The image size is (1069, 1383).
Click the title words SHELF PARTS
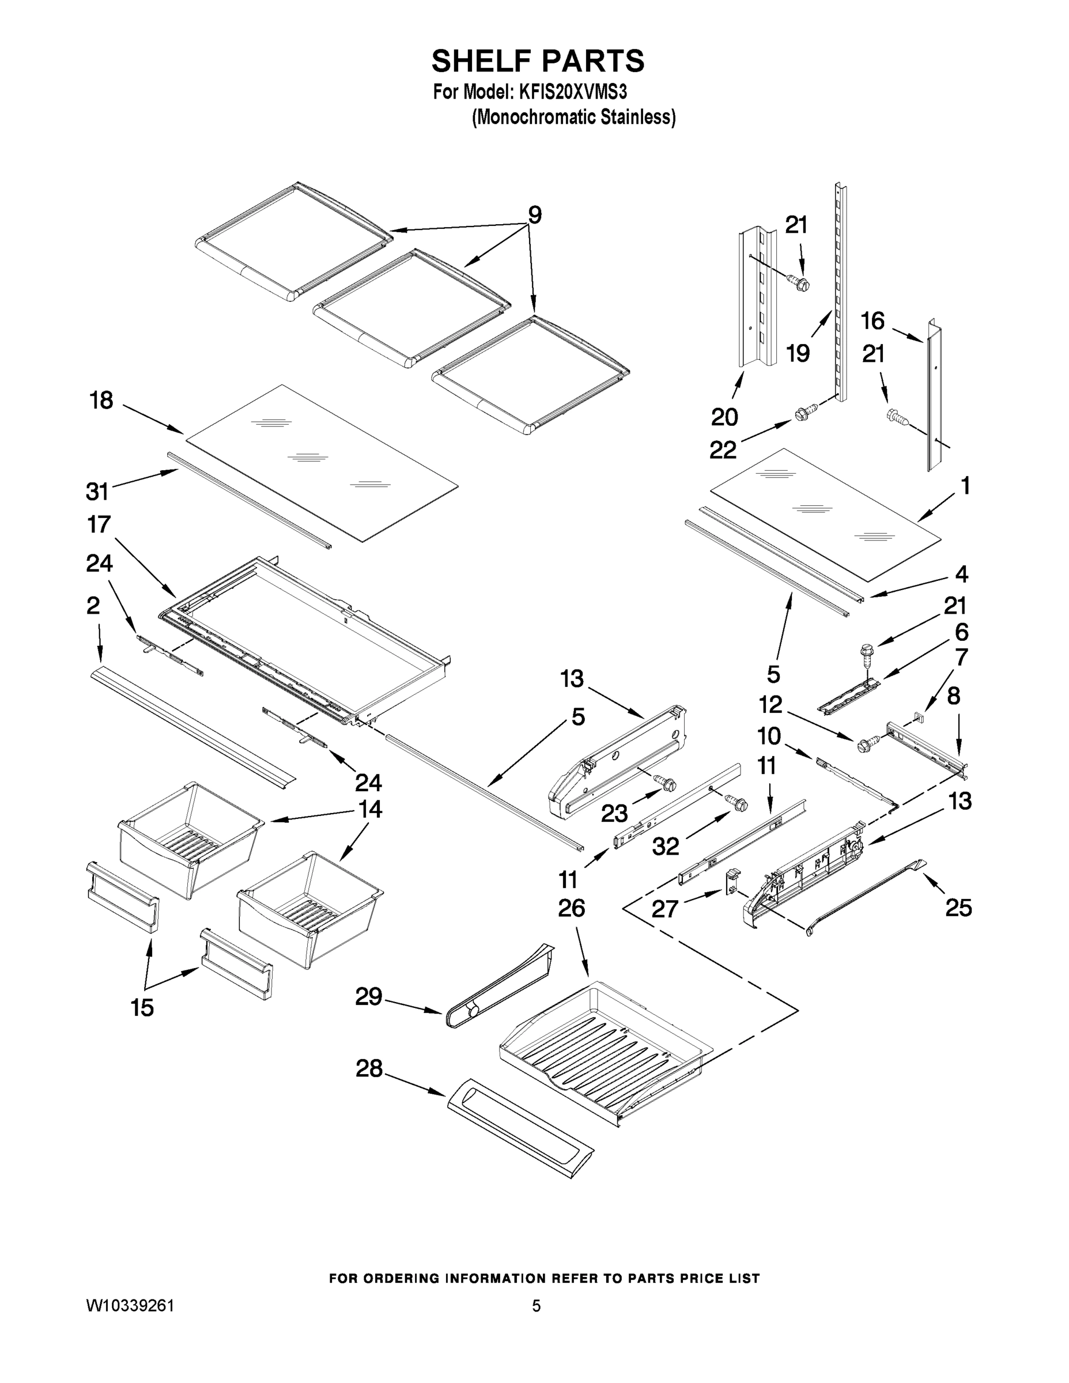pos(538,62)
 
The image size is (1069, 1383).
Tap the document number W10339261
pos(130,1305)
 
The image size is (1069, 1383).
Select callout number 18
pos(102,400)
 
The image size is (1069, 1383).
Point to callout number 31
pos(97,491)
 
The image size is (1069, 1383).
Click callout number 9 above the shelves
pos(535,216)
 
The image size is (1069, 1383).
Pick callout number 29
pos(369,997)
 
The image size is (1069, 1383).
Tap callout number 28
pos(369,1068)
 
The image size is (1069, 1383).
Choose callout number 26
pos(571,908)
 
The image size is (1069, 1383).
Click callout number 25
pos(958,908)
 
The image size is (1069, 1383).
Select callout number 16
pos(872,321)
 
